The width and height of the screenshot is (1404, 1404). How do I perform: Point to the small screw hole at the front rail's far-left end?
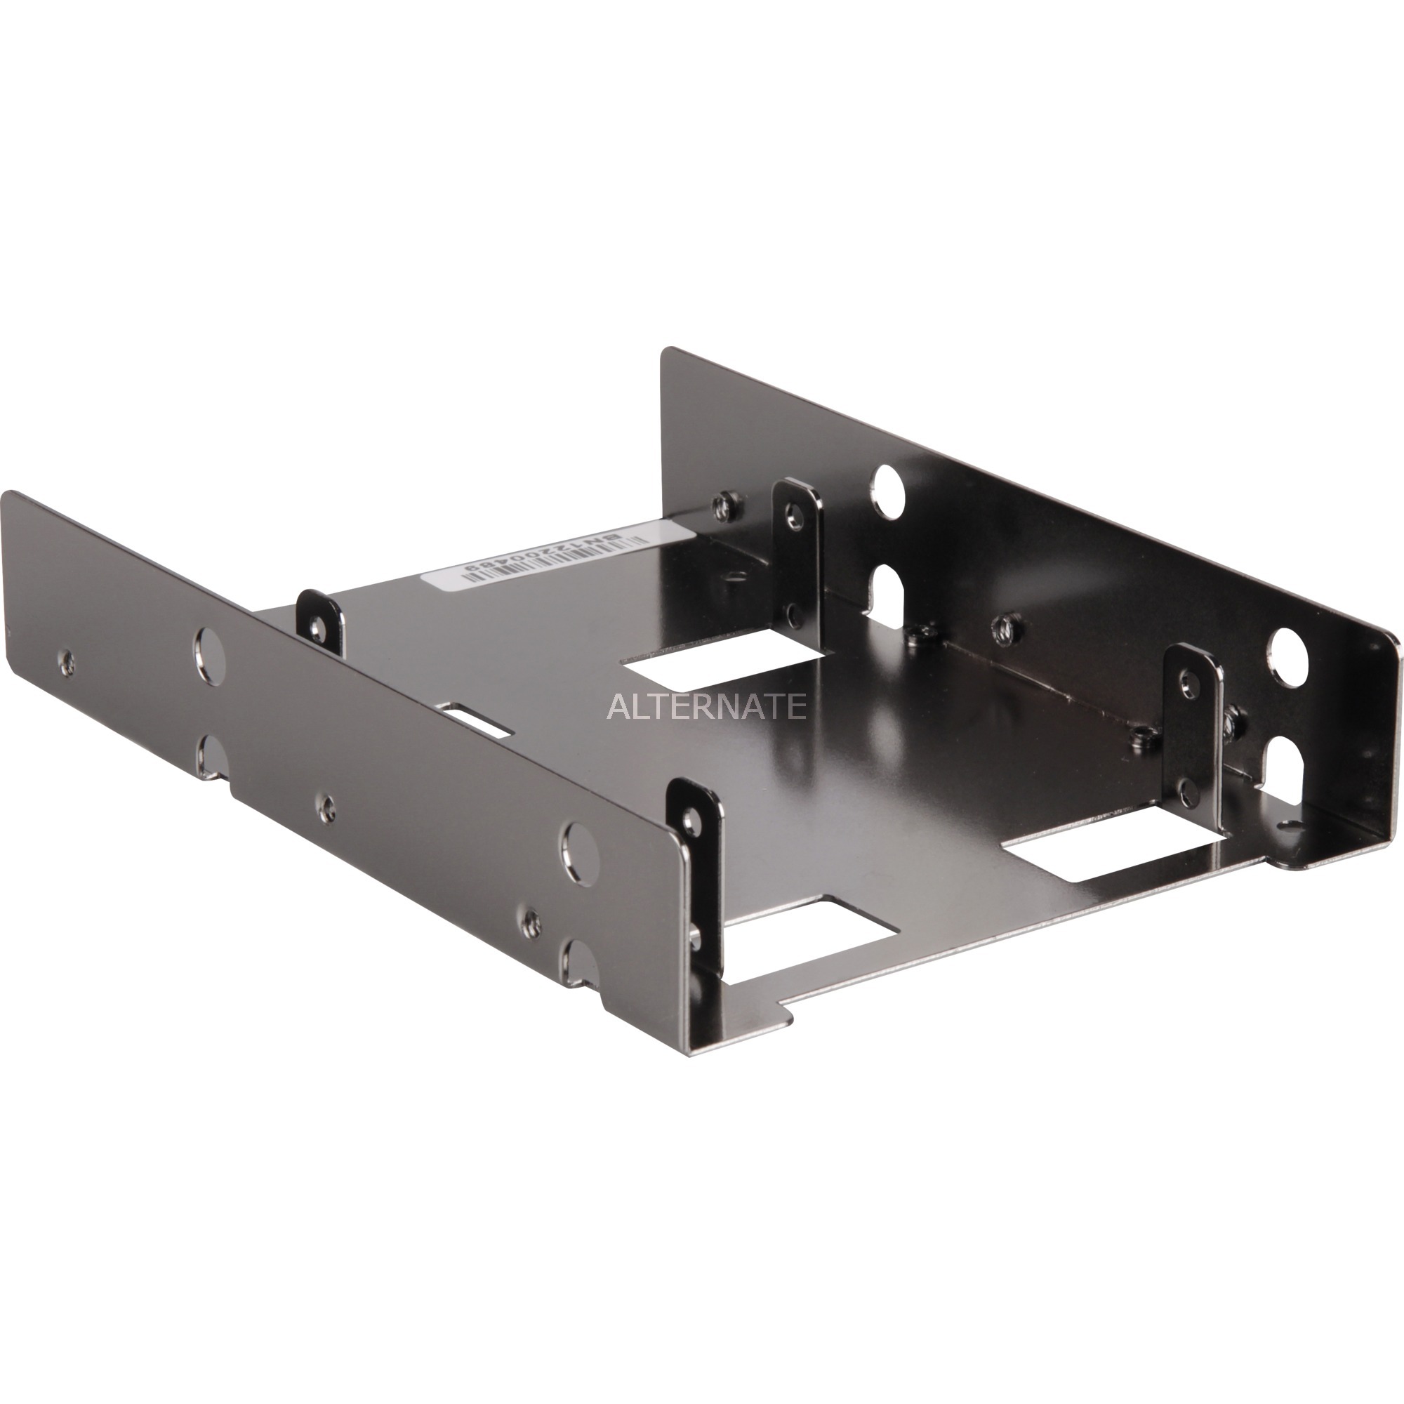click(67, 660)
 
